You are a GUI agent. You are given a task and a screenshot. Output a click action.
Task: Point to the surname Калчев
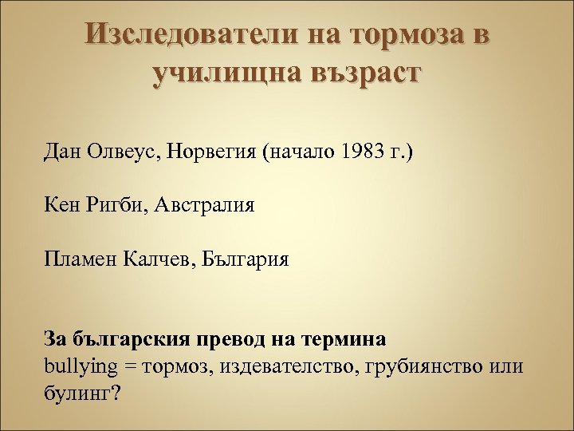coord(159,259)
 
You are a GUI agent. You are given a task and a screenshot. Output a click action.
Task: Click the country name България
coord(244,259)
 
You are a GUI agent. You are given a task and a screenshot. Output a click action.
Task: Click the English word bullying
coord(77,366)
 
